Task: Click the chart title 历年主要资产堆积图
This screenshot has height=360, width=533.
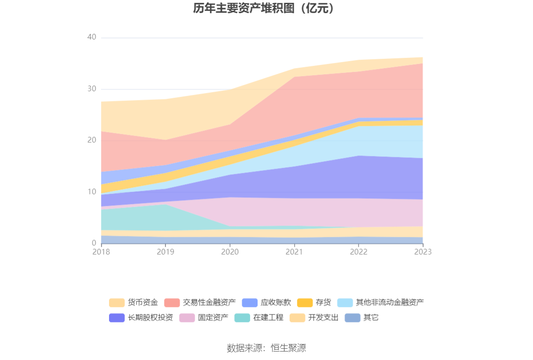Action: pyautogui.click(x=266, y=8)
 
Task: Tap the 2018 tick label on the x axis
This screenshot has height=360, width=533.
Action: pyautogui.click(x=101, y=252)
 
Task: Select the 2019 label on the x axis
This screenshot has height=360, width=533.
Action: pyautogui.click(x=165, y=252)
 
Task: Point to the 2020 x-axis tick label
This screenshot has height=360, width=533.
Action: pyautogui.click(x=230, y=252)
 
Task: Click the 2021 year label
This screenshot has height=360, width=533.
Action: pyautogui.click(x=294, y=252)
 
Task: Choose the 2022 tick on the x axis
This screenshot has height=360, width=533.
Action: pyautogui.click(x=359, y=252)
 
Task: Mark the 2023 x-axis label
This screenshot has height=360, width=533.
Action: pyautogui.click(x=423, y=252)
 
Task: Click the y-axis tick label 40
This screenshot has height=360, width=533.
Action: pyautogui.click(x=92, y=37)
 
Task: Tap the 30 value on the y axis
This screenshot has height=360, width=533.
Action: pyautogui.click(x=92, y=89)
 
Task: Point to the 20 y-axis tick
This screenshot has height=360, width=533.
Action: pyautogui.click(x=92, y=140)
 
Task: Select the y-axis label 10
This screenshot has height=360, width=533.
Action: pyautogui.click(x=92, y=192)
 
